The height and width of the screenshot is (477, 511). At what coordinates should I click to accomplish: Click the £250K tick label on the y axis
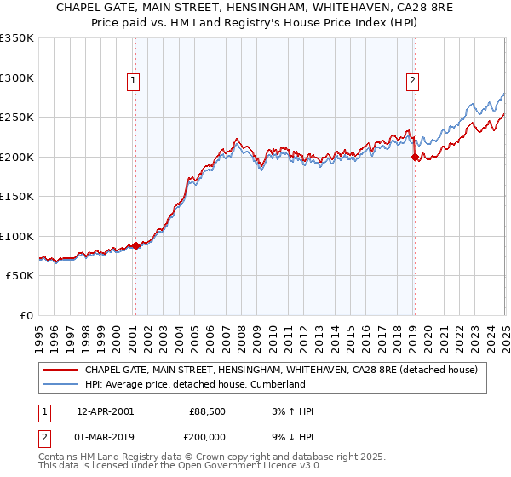click(17, 118)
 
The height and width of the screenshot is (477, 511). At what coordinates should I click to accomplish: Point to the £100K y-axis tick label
click(17, 236)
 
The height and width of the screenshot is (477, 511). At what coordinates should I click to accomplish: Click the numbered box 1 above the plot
click(135, 82)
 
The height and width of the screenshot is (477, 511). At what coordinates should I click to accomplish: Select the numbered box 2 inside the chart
click(412, 82)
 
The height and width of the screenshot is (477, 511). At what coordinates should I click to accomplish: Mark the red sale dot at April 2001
click(136, 245)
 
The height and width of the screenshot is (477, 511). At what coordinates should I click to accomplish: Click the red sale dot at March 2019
click(415, 157)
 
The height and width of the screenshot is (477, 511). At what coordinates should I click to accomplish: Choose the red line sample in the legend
click(59, 370)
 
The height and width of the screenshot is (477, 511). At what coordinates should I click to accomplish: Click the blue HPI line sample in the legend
click(59, 384)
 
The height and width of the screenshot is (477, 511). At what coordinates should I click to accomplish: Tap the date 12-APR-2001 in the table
click(105, 411)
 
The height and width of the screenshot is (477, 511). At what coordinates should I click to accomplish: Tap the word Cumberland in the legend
click(277, 384)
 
